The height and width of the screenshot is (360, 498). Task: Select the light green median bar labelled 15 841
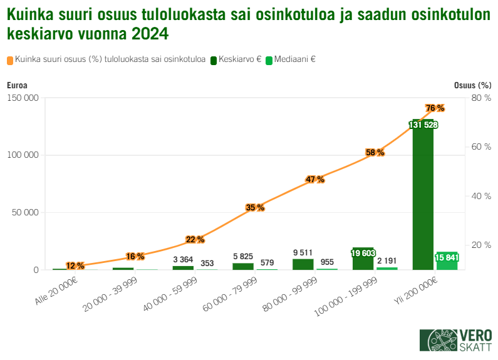[447, 261]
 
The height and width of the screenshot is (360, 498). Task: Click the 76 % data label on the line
[435, 108]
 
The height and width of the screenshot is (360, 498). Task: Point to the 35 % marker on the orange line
[255, 207]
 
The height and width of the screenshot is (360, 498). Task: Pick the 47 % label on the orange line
[315, 180]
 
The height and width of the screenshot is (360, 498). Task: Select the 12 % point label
[75, 266]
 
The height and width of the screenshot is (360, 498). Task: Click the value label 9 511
[303, 252]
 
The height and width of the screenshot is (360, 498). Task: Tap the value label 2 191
[387, 261]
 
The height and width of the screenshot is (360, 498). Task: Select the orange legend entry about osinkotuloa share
[106, 60]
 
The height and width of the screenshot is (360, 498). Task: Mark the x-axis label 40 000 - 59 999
[170, 292]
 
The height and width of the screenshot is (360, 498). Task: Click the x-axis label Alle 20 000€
[56, 291]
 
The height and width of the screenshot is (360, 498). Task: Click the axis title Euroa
[17, 85]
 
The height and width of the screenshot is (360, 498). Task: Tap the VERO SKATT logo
[455, 341]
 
